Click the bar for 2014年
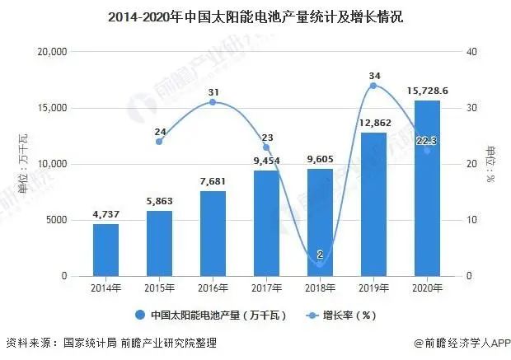pyautogui.click(x=105, y=250)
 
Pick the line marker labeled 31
pyautogui.click(x=213, y=102)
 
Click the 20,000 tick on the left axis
pyautogui.click(x=52, y=52)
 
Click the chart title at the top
pyautogui.click(x=255, y=16)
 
